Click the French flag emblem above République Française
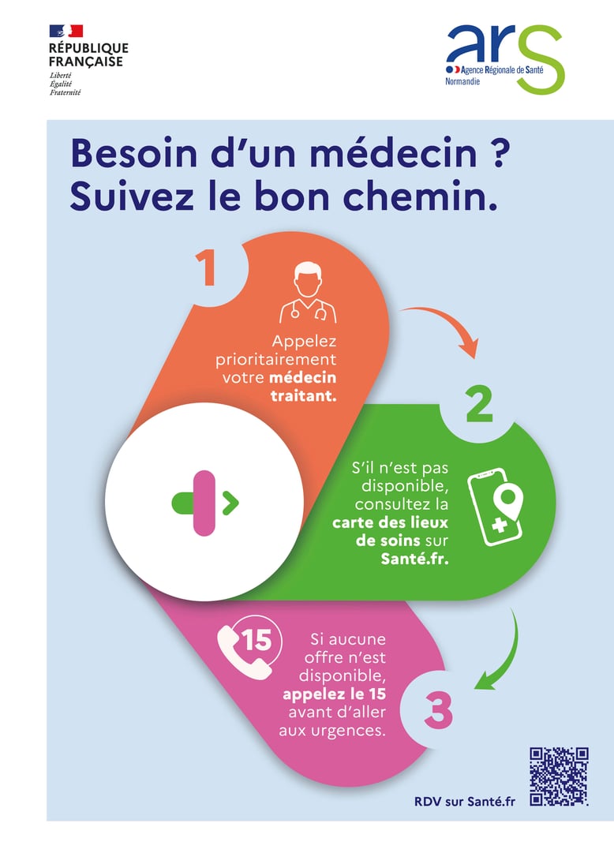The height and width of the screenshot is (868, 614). coord(66,31)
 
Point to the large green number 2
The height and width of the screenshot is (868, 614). coord(479,406)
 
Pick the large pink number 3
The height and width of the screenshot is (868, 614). coord(439,710)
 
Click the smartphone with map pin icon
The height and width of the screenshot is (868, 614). coord(496,507)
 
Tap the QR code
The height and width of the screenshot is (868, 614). coord(559,776)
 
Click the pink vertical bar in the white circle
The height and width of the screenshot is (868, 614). coord(204,503)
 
